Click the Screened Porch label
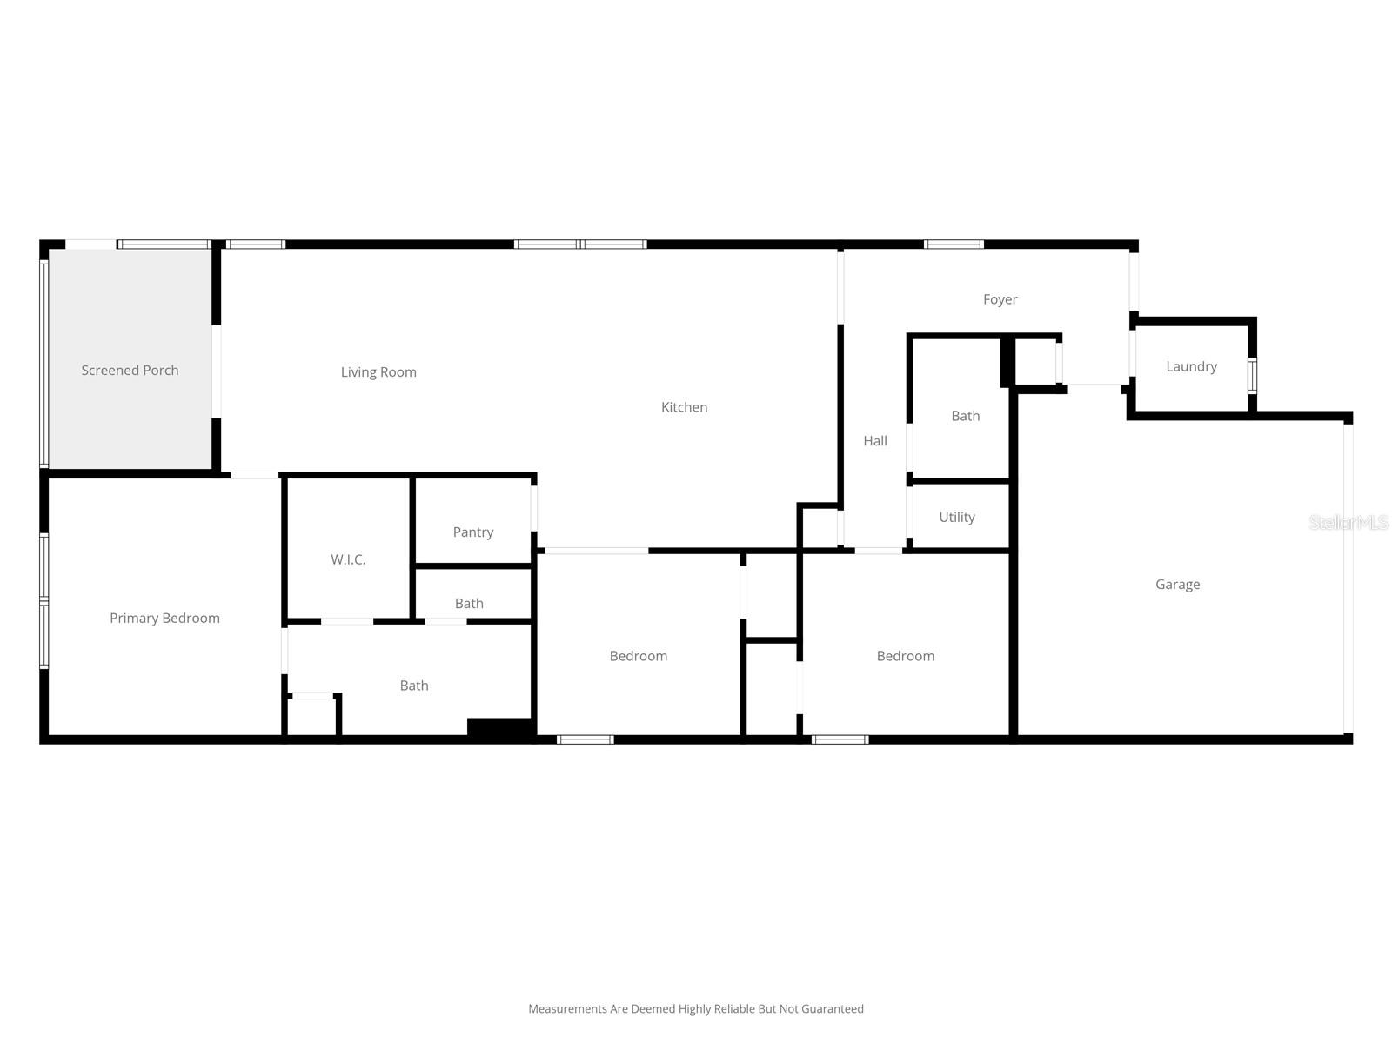pos(130,371)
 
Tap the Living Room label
pos(378,372)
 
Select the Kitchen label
pos(684,407)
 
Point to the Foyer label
pos(1000,299)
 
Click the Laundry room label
pos(1191,367)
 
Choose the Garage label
pos(1177,585)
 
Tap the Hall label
pos(875,441)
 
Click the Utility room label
pos(957,518)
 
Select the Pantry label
pos(473,532)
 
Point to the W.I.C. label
pos(348,559)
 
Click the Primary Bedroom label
pos(164,619)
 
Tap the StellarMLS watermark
pos(1348,522)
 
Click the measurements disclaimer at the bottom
pos(696,1009)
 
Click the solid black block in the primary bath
pos(499,728)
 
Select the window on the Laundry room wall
pos(1252,375)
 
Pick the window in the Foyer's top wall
pos(954,244)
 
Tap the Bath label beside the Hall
pos(966,416)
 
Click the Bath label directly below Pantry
pos(469,604)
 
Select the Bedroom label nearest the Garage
pos(906,656)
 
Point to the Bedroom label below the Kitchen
pos(639,656)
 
